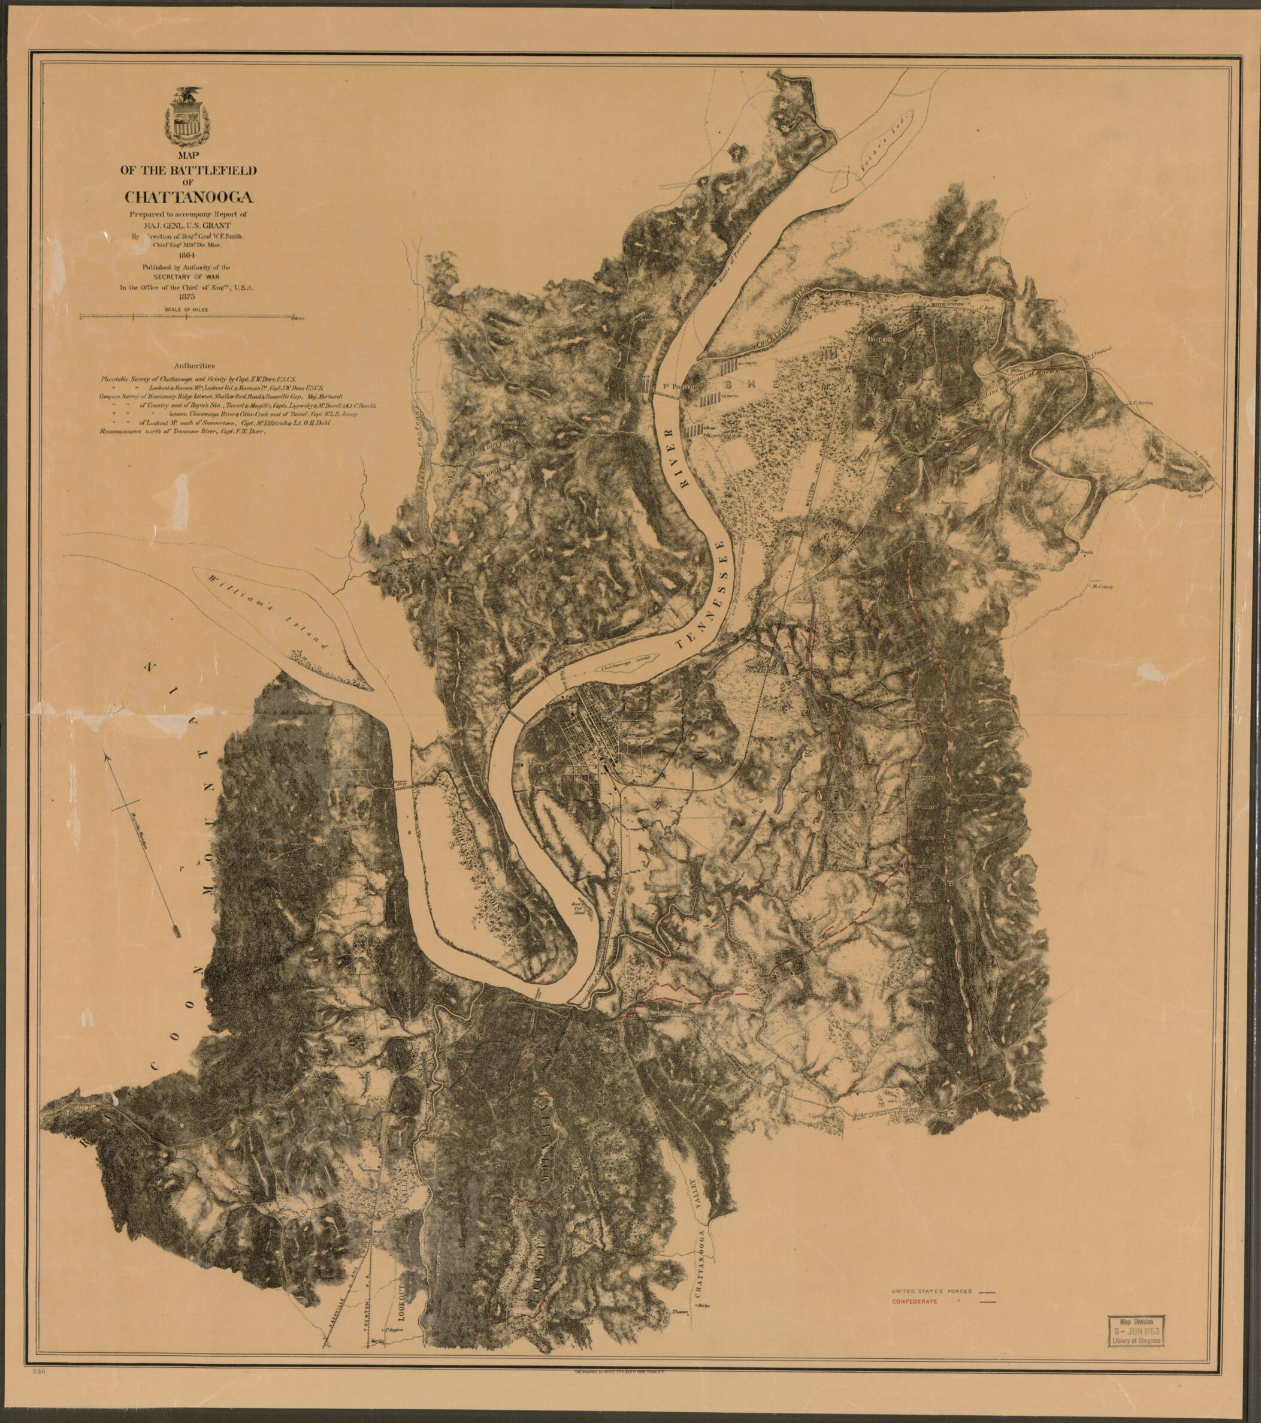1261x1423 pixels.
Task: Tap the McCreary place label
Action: [x=1102, y=586]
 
